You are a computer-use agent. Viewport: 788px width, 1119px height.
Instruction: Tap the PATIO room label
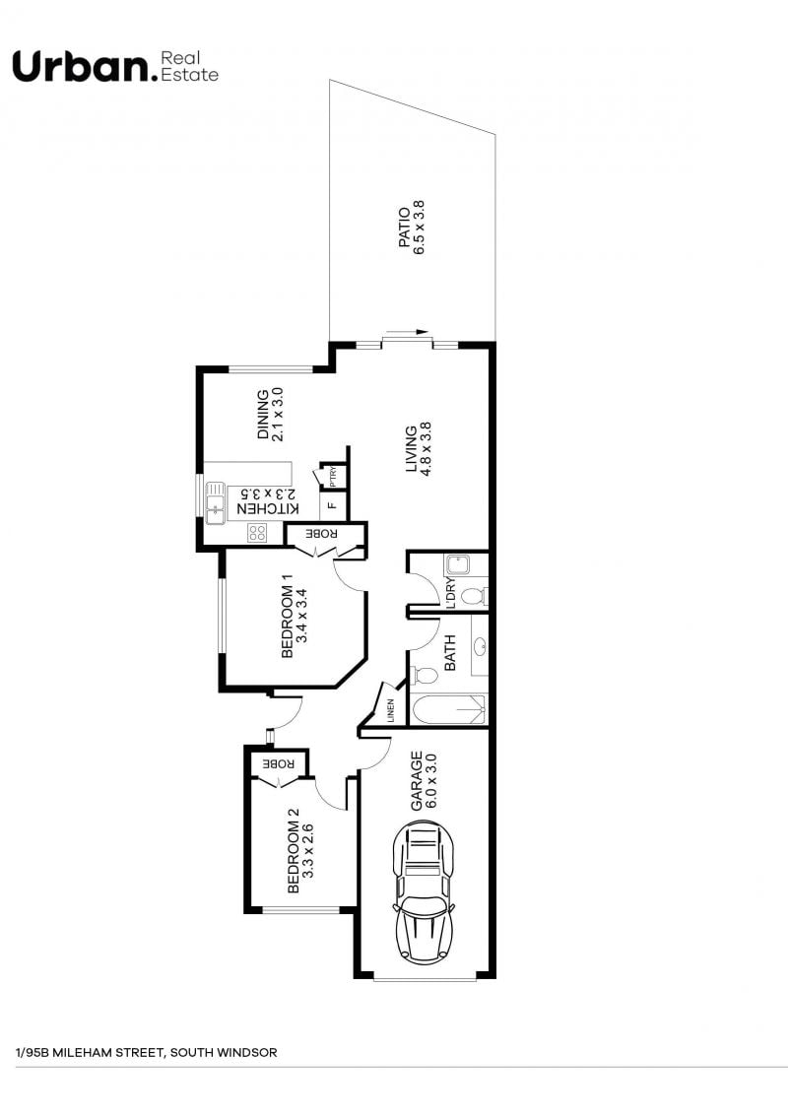click(405, 228)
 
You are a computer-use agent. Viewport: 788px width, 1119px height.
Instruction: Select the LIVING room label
click(412, 449)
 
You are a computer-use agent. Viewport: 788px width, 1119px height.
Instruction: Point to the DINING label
click(263, 414)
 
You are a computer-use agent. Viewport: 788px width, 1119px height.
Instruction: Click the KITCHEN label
click(268, 508)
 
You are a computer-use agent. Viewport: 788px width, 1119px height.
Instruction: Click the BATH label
click(450, 653)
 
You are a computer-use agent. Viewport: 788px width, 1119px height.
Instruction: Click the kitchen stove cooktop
click(257, 532)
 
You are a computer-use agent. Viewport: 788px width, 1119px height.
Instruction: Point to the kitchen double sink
click(215, 502)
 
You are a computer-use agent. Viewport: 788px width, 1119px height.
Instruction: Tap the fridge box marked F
click(332, 506)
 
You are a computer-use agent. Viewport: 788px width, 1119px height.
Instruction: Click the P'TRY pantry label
click(333, 476)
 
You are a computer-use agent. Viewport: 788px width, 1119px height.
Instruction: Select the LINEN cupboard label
click(390, 711)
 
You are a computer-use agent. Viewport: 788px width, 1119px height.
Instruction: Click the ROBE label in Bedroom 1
click(321, 533)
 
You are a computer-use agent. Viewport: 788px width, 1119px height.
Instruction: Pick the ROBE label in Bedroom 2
click(279, 762)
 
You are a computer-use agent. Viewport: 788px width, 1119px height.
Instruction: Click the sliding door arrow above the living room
click(407, 332)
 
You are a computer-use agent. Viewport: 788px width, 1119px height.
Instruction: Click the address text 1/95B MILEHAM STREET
click(90, 1053)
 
